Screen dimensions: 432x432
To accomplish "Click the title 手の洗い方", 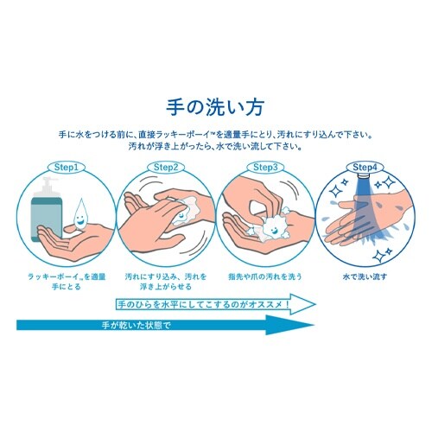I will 215,108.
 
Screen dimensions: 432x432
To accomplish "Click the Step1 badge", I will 67,166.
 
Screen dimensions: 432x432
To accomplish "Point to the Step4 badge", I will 364,166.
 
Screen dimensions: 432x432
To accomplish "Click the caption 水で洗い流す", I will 363,278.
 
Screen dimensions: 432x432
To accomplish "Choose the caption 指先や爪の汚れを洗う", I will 264,278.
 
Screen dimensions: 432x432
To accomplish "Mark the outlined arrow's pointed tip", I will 317,304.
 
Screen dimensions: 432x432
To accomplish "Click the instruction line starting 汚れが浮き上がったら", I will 215,146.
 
